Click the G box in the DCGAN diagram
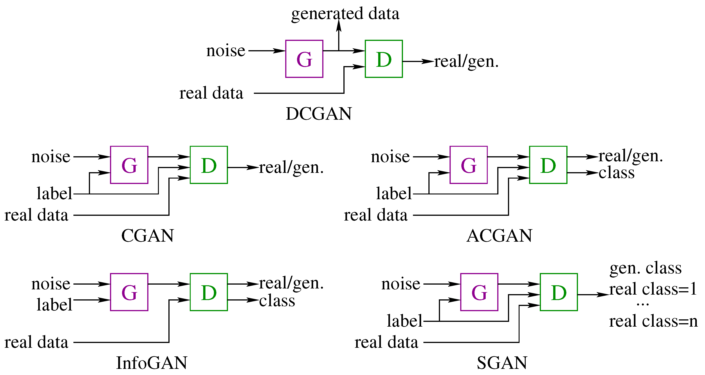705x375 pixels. click(304, 59)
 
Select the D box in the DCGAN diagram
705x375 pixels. click(384, 59)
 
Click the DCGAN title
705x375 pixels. click(319, 114)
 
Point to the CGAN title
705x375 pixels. click(147, 236)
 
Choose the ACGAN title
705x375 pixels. click(500, 236)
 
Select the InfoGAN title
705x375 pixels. click(152, 363)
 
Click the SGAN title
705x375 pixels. click(502, 363)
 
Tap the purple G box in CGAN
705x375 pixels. click(129, 165)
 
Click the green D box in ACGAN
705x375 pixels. click(548, 165)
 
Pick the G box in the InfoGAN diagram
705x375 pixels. click(129, 292)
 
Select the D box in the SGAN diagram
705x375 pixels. click(559, 292)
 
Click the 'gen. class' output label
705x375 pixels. click(645, 268)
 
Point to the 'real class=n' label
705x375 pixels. click(653, 321)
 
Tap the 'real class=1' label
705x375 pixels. click(653, 289)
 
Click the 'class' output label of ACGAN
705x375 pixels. click(616, 173)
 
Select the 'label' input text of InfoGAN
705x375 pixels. click(55, 304)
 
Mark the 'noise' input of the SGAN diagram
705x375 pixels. click(401, 284)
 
